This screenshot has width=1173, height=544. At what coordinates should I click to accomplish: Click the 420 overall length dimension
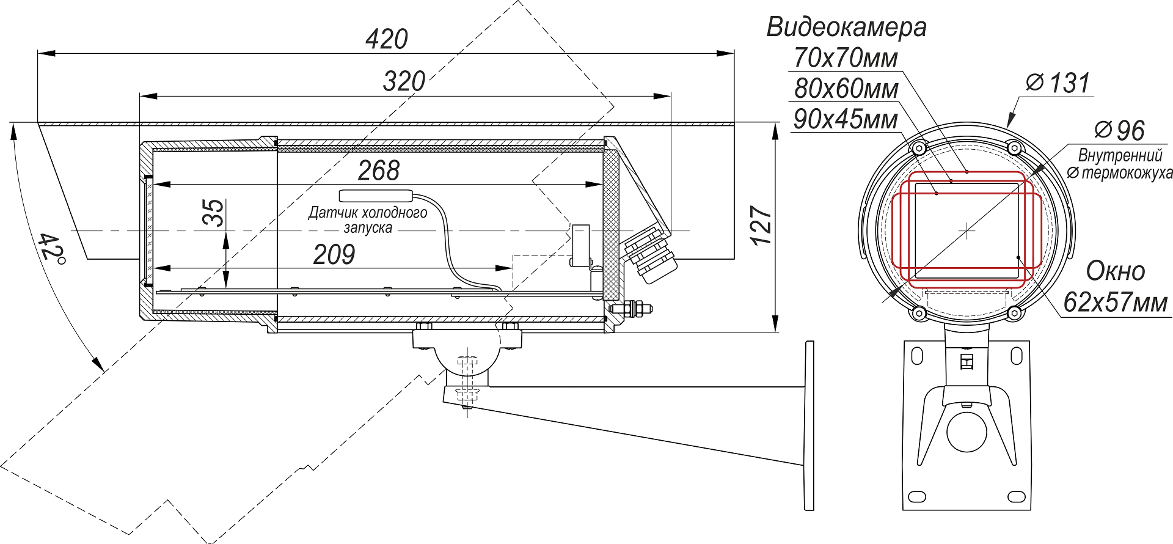387,39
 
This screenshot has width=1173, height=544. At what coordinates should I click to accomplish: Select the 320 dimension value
404,81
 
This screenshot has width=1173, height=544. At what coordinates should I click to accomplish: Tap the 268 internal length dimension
379,171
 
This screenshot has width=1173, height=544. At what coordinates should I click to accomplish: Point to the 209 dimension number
334,254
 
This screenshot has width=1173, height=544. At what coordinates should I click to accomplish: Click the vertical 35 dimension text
214,213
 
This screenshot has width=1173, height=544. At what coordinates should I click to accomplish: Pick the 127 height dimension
761,226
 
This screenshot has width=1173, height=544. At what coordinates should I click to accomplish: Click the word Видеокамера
846,27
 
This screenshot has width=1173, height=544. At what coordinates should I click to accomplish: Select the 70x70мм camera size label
846,58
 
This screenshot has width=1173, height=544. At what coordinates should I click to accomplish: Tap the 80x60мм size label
846,89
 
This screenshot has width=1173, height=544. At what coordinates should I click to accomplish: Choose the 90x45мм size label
846,119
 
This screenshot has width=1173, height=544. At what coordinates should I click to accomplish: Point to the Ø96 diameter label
1119,130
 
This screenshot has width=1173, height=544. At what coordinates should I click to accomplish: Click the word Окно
1116,271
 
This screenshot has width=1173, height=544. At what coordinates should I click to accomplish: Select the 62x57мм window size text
1116,302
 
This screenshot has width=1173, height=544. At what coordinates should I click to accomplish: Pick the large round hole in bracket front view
967,432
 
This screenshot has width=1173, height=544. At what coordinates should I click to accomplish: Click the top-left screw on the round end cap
919,148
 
